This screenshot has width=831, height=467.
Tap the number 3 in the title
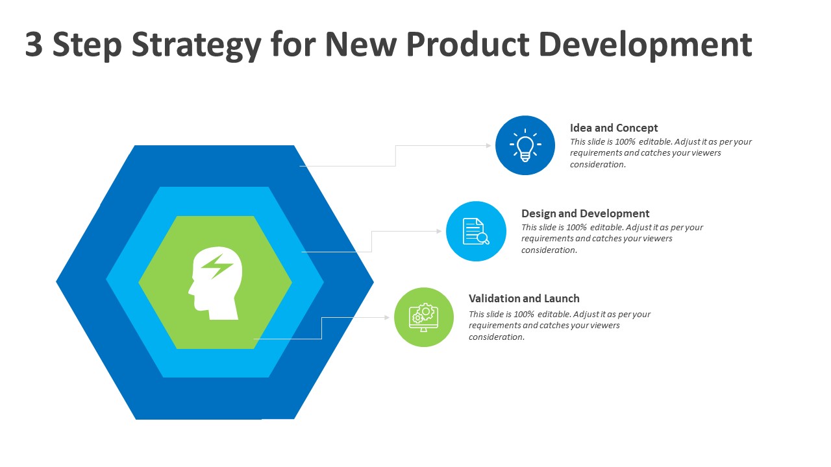[x=34, y=45]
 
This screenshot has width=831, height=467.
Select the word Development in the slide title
[x=645, y=45]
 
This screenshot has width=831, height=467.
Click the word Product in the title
[x=468, y=45]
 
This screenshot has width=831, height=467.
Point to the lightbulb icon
[x=525, y=145]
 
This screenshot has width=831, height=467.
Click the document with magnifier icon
[x=476, y=232]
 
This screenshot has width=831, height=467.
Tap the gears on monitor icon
[x=423, y=317]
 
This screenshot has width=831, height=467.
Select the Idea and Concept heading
[x=614, y=128]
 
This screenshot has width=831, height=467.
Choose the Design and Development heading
[x=585, y=213]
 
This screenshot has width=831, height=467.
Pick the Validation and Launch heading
[x=524, y=298]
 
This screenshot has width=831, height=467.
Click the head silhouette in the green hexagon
[x=215, y=283]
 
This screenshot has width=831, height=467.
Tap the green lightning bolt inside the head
[x=217, y=266]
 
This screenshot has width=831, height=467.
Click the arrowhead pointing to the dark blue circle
[x=489, y=145]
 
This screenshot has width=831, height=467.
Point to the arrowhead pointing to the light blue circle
[x=440, y=232]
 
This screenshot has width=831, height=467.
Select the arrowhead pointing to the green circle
[x=387, y=317]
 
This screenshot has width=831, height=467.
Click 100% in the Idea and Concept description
[x=625, y=141]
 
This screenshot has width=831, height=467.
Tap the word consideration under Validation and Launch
[x=497, y=337]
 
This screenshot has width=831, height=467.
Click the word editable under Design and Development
[x=605, y=227]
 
